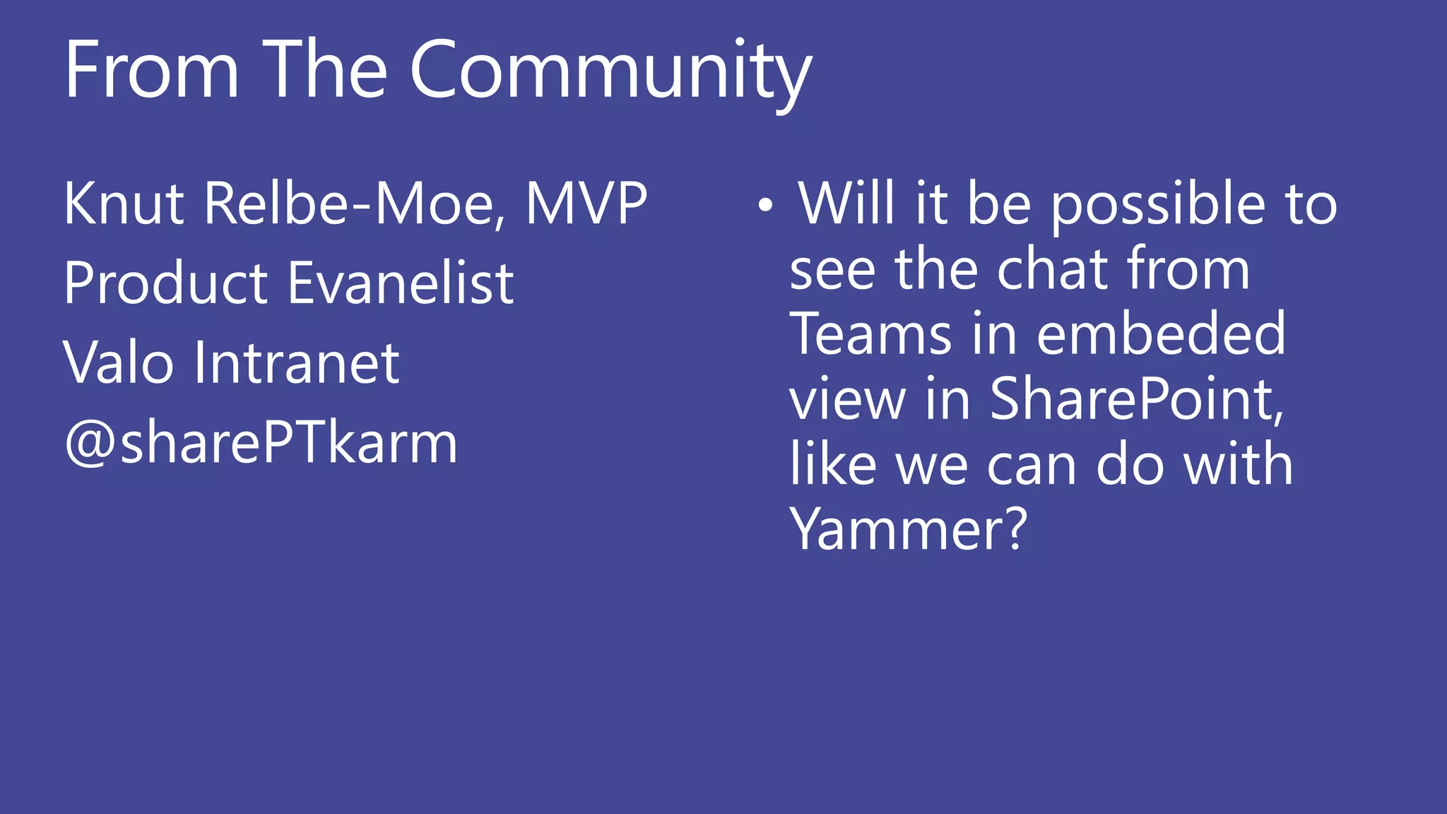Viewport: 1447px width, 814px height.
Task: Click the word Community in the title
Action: point(611,71)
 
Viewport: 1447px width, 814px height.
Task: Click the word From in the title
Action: point(152,71)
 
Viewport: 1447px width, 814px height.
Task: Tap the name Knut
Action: point(124,203)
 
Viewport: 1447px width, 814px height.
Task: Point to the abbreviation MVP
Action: point(586,203)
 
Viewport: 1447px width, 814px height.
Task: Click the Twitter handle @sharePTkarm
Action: point(261,443)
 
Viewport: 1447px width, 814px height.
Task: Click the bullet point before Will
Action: point(765,206)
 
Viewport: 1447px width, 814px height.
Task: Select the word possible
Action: point(1159,205)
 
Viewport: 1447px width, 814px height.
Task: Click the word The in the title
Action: point(325,71)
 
